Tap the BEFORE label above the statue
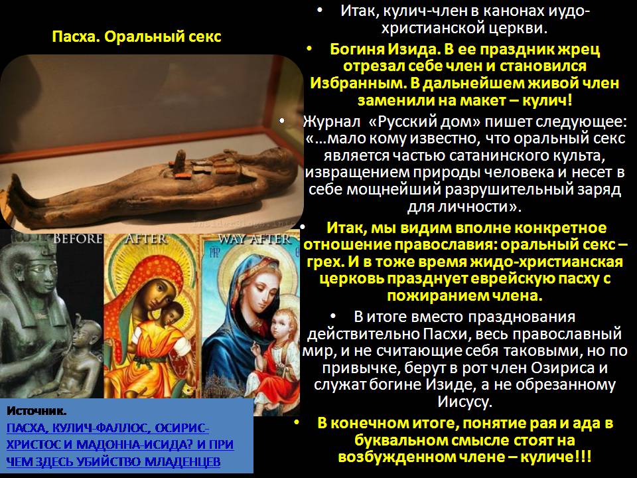click(x=78, y=238)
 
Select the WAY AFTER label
click(x=254, y=239)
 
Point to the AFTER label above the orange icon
click(x=147, y=238)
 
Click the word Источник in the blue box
click(x=36, y=411)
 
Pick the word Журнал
click(x=332, y=121)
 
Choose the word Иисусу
click(x=464, y=402)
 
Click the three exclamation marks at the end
click(x=583, y=457)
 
